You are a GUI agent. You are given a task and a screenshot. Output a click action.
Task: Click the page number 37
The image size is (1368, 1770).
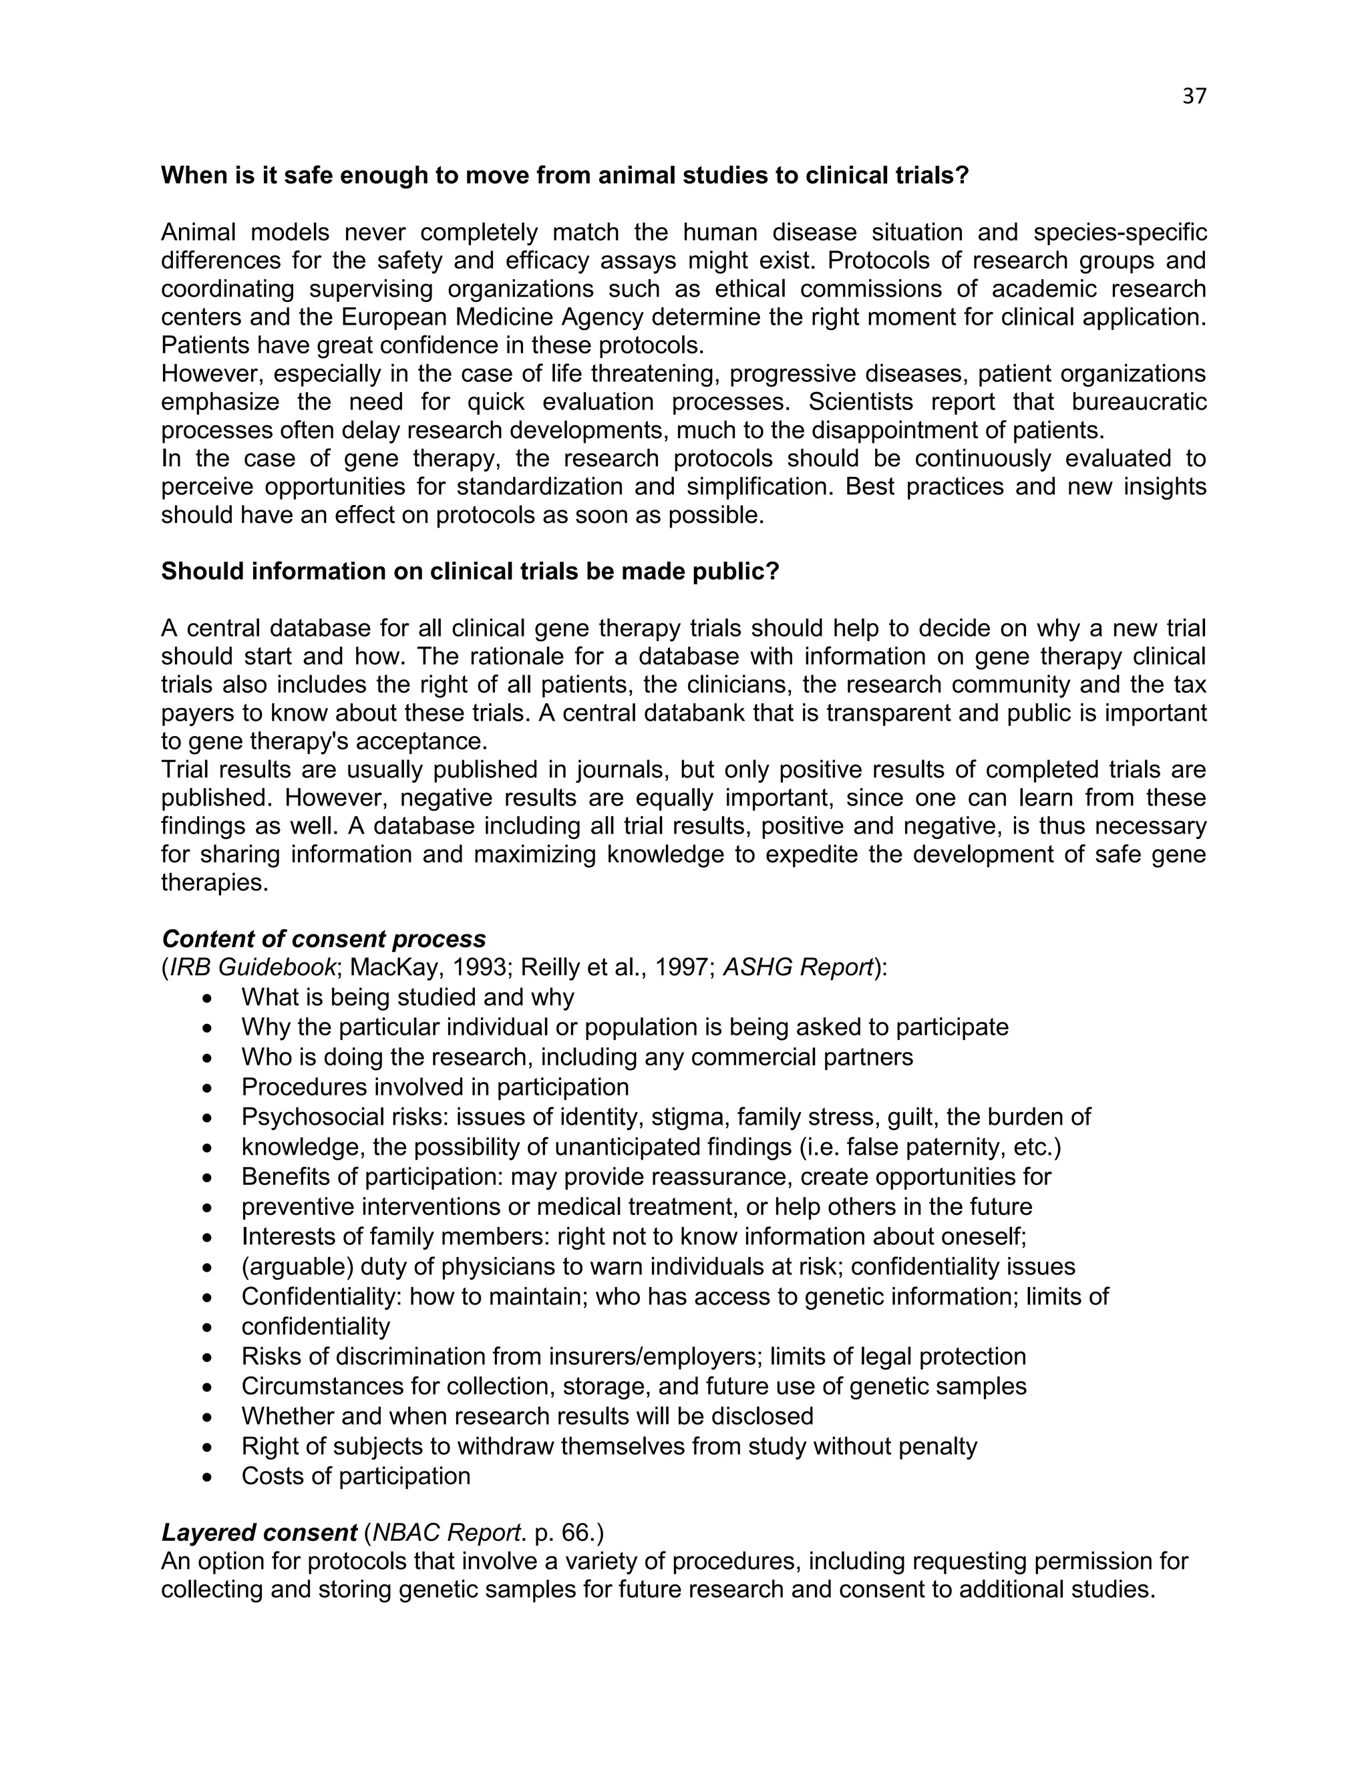tap(1194, 96)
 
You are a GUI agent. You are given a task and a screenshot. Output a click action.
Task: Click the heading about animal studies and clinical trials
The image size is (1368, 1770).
tap(565, 176)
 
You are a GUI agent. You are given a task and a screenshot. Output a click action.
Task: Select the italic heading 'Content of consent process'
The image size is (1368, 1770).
tap(323, 938)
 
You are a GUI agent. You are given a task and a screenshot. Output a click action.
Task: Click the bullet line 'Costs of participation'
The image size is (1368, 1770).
tap(356, 1476)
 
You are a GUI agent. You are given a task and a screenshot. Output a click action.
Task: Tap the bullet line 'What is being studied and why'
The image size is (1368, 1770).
tap(407, 997)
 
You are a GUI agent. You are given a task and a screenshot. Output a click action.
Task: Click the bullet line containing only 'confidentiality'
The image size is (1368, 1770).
tap(315, 1326)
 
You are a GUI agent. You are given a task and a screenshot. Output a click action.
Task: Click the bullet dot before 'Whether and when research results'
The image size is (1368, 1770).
tap(208, 1417)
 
